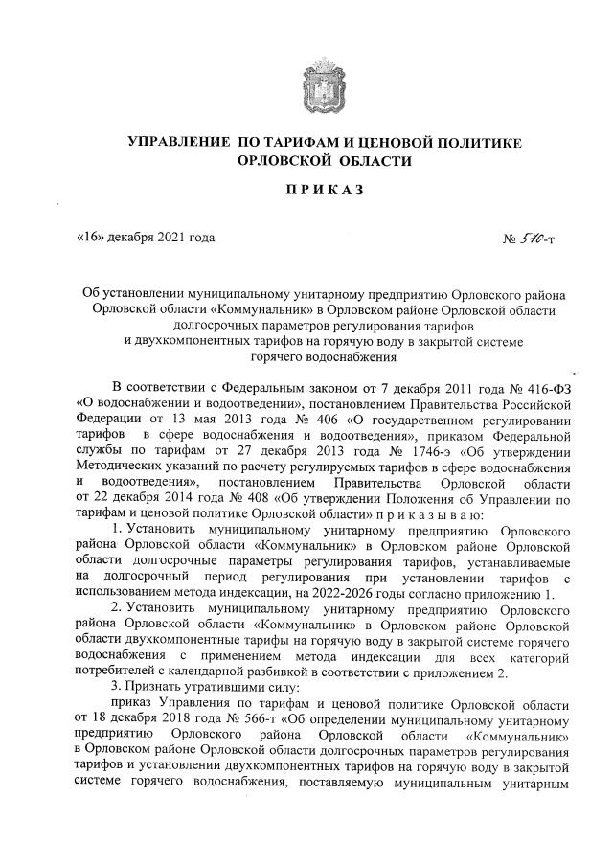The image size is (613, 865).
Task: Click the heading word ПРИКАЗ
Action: point(325,190)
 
